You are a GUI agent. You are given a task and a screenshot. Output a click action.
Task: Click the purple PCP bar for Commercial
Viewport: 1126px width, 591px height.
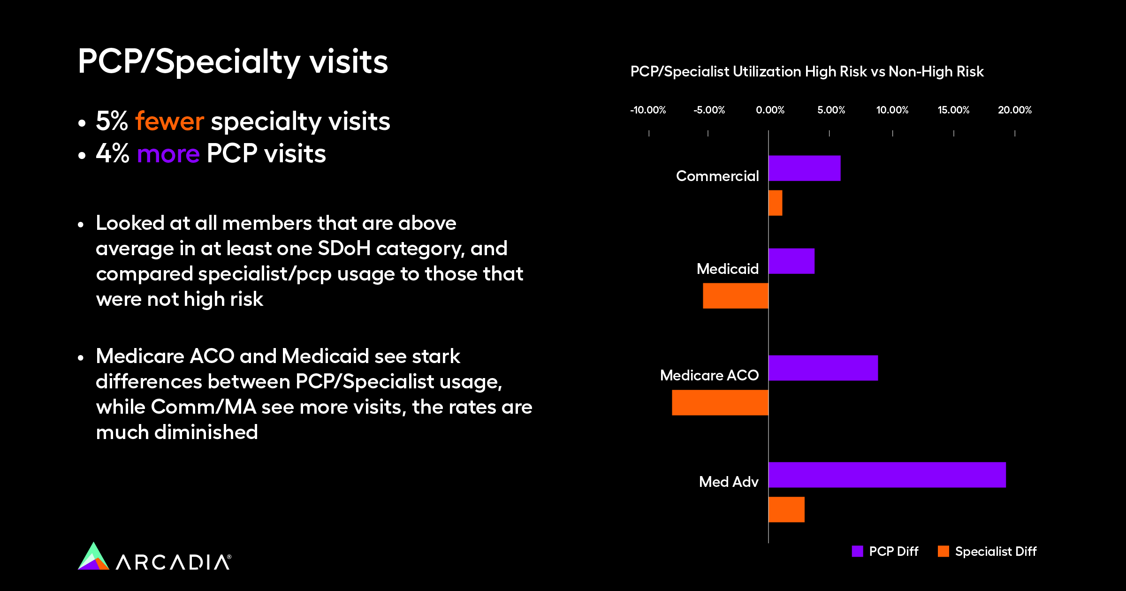pyautogui.click(x=804, y=168)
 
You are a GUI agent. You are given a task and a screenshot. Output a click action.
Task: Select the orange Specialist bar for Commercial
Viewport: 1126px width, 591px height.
pyautogui.click(x=775, y=203)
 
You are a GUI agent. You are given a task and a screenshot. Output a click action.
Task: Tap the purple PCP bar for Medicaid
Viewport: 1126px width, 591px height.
pyautogui.click(x=791, y=261)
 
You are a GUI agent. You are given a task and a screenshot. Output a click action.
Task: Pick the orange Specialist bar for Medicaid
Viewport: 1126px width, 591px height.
pyautogui.click(x=735, y=295)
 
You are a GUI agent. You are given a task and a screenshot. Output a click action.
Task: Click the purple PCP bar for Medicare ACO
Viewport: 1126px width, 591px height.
pyautogui.click(x=823, y=368)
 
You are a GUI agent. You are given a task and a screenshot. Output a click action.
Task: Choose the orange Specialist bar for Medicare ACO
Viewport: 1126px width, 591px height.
pyautogui.click(x=720, y=402)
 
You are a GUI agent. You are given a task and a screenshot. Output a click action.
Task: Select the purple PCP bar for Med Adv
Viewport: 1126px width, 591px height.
pyautogui.click(x=887, y=475)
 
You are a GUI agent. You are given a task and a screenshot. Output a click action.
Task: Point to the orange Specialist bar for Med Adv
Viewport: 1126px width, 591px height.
pyautogui.click(x=786, y=509)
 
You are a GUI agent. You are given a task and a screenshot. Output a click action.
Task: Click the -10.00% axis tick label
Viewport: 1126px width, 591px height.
pyautogui.click(x=648, y=110)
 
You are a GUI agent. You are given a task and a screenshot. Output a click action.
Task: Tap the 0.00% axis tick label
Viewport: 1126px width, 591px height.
pyautogui.click(x=770, y=110)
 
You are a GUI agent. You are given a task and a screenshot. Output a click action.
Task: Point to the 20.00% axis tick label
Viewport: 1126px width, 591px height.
pyautogui.click(x=1014, y=110)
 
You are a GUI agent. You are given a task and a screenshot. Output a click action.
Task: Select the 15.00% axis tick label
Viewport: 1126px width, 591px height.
pyautogui.click(x=953, y=110)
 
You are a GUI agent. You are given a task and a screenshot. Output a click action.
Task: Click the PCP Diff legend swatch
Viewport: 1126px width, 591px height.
pyautogui.click(x=857, y=551)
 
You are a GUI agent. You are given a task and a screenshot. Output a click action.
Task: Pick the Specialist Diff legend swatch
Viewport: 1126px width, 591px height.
pyautogui.click(x=943, y=551)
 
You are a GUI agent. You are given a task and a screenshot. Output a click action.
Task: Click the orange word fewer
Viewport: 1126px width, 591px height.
pyautogui.click(x=169, y=121)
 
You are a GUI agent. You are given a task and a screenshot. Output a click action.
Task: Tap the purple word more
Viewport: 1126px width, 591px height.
pyautogui.click(x=168, y=154)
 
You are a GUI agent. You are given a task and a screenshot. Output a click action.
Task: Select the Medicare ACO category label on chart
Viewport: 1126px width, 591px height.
pyautogui.click(x=709, y=375)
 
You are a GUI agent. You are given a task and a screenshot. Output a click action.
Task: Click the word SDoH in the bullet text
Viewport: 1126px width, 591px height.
pyautogui.click(x=344, y=249)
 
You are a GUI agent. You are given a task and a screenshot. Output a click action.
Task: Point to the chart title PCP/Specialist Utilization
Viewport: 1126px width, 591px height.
pyautogui.click(x=806, y=72)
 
